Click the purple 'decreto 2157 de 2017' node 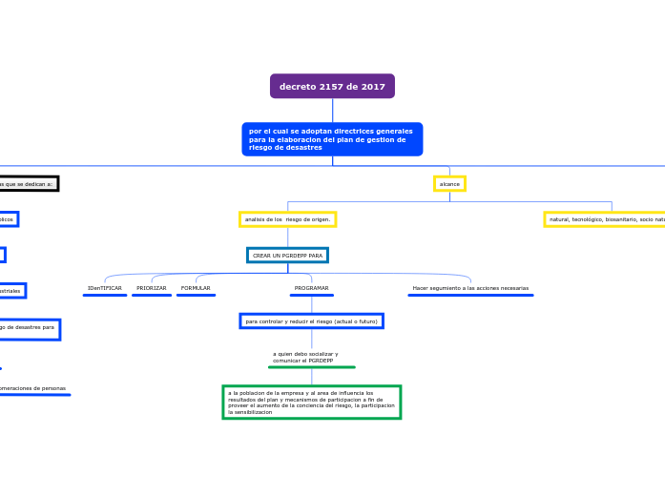click(332, 86)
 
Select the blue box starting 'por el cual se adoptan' click(332, 139)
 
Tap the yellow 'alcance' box click(449, 183)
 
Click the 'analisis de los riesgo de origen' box click(287, 219)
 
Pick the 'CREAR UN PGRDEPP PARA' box click(287, 256)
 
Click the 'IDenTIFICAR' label click(105, 288)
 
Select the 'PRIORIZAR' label click(152, 288)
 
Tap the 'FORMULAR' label click(196, 288)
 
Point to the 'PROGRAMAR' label click(311, 288)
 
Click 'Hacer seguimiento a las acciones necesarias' click(470, 288)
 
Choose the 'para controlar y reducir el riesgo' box click(311, 321)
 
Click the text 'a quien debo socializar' click(305, 354)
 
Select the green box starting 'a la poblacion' click(311, 402)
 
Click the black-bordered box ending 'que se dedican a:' click(28, 183)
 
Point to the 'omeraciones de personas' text click(33, 388)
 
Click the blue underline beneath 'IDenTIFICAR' click(105, 296)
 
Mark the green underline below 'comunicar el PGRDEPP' click(311, 367)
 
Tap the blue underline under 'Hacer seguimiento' click(470, 296)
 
